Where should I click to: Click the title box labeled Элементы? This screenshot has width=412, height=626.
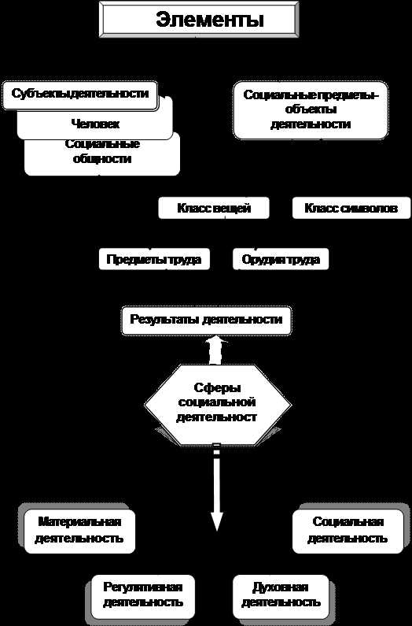(199, 19)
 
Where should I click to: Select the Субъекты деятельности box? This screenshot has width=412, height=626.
(80, 95)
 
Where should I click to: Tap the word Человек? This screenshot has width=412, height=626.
(95, 124)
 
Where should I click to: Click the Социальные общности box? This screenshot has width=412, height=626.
(102, 154)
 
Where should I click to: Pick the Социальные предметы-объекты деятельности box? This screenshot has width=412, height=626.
(311, 110)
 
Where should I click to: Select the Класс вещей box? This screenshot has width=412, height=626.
(214, 208)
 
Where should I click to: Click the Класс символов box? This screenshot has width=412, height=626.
(351, 208)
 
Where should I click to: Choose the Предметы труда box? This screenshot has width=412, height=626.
(154, 259)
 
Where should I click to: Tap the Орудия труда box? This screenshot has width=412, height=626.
(281, 259)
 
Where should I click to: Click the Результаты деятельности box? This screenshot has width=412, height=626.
(207, 320)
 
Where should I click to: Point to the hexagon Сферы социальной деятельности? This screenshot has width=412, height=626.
(217, 405)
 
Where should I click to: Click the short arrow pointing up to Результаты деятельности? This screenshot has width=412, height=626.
(215, 350)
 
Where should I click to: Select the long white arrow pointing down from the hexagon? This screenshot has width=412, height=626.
(216, 487)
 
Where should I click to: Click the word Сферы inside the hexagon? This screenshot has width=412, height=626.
(217, 387)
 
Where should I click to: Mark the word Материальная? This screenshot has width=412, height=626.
(79, 522)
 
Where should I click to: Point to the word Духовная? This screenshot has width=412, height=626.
(281, 587)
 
